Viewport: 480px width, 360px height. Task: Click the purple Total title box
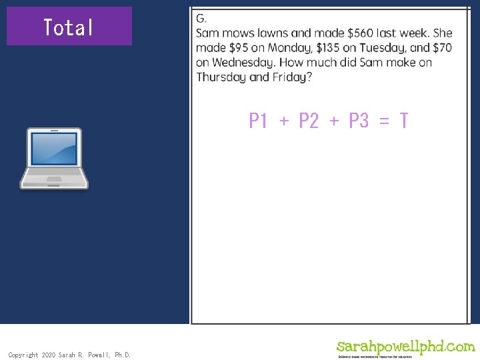69,27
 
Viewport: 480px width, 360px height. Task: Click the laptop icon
54,159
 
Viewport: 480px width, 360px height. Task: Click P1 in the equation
258,121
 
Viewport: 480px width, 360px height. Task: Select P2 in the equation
309,121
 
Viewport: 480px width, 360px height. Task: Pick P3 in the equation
359,121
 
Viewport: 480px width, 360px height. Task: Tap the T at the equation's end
403,121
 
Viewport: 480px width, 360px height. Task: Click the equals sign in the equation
383,121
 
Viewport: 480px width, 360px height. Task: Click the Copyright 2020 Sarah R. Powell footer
69,355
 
